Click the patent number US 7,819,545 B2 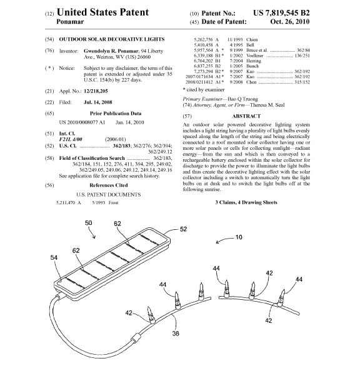281,13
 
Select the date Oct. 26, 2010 290,22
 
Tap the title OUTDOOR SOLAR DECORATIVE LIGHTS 112,39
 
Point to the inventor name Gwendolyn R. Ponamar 111,51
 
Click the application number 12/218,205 96,91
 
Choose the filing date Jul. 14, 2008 98,102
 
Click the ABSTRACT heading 246,116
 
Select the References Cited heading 109,185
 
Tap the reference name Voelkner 254,56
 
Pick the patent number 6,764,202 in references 203,61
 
